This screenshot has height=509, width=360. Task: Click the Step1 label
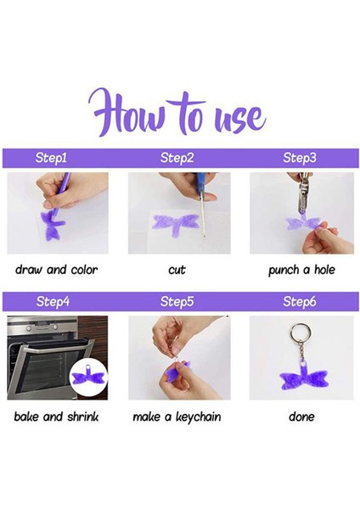[51, 158]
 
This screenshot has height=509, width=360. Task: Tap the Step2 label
[177, 158]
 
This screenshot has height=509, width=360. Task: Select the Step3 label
[299, 158]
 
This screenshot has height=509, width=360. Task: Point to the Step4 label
[53, 301]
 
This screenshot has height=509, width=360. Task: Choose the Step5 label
[177, 301]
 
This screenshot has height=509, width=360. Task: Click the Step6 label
[299, 301]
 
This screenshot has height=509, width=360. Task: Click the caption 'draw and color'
[56, 270]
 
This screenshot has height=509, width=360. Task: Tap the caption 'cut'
[177, 270]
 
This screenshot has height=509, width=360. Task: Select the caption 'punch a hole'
[301, 270]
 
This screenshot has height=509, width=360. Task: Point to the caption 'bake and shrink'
[56, 417]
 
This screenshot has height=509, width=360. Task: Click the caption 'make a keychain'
[177, 417]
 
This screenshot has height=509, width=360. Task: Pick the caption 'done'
[301, 417]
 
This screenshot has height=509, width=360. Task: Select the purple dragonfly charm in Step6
[304, 378]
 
